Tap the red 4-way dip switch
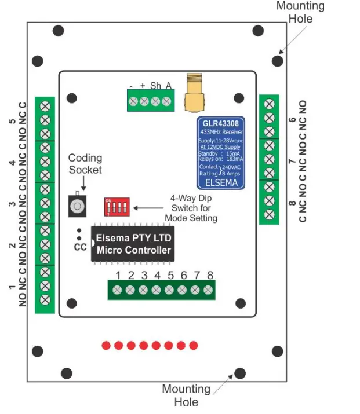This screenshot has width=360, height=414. click(x=117, y=206)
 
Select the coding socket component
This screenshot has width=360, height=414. click(x=77, y=205)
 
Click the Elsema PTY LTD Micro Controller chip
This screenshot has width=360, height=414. click(x=133, y=244)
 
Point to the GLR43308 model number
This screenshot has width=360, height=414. click(x=220, y=124)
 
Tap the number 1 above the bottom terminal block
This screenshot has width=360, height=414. click(x=118, y=275)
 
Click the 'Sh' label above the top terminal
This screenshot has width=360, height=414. click(x=155, y=86)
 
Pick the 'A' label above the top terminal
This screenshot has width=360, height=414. click(x=168, y=86)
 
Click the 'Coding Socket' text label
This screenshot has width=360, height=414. click(x=85, y=163)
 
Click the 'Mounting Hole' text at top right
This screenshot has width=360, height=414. click(x=300, y=12)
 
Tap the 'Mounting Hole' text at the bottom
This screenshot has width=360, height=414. click(x=186, y=395)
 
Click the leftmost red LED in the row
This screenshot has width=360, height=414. click(x=106, y=346)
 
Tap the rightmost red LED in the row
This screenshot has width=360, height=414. click(x=194, y=346)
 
